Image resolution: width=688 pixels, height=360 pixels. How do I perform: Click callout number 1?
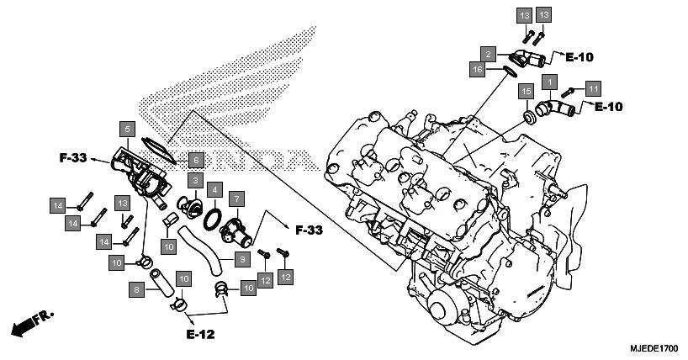[x=549, y=82]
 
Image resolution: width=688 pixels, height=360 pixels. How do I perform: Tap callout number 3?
[x=193, y=181]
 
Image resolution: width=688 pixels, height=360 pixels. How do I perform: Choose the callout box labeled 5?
[x=127, y=129]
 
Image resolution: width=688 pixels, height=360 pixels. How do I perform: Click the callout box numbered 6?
[x=194, y=159]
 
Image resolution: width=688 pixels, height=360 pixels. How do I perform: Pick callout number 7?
[x=237, y=199]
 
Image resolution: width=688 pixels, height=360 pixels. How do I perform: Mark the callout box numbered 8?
[x=135, y=289]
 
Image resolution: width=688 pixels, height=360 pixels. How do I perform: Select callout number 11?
[x=593, y=88]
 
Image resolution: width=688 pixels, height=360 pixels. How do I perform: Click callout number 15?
[x=527, y=91]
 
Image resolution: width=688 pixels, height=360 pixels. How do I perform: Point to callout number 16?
[x=477, y=70]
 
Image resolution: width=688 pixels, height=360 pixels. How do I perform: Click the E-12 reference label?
[x=200, y=334]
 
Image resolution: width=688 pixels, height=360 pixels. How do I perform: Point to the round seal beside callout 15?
[x=530, y=114]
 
